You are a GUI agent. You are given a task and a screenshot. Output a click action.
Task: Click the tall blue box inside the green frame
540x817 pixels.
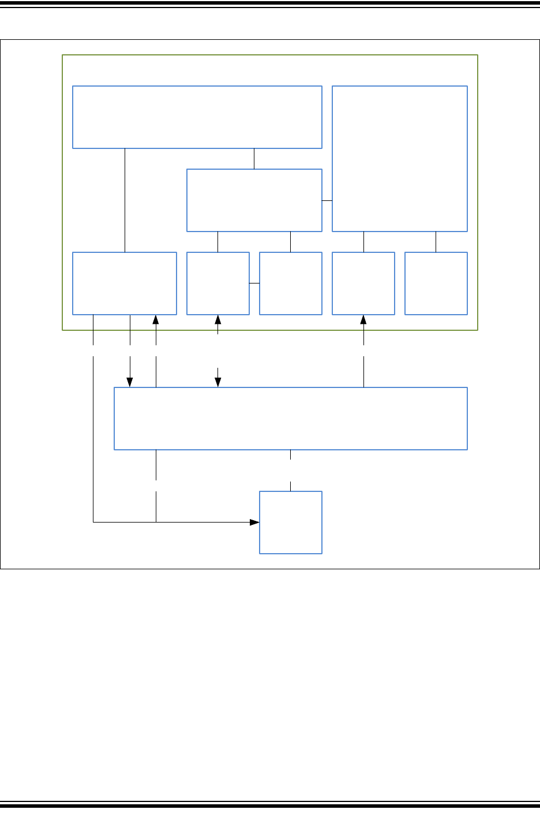point(399,159)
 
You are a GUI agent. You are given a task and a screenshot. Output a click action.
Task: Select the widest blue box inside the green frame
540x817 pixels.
point(197,117)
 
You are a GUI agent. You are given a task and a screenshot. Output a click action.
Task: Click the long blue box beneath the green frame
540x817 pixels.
point(290,418)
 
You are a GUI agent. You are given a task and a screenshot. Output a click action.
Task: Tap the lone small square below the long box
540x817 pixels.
point(290,522)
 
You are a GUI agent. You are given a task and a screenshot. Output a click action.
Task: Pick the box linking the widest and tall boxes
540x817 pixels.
point(254,200)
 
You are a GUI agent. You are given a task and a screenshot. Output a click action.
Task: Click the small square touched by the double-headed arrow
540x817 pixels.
point(217,283)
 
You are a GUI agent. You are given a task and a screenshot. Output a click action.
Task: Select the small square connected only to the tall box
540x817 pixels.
point(436,283)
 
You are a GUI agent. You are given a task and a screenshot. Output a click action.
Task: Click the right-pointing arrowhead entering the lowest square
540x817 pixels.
point(254,522)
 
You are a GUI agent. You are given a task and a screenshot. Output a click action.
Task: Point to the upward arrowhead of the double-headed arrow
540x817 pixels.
point(218,319)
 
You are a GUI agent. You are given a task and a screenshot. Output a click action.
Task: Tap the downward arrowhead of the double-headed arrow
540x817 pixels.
point(218,382)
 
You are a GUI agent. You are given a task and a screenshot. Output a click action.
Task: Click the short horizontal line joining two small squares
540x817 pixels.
point(254,283)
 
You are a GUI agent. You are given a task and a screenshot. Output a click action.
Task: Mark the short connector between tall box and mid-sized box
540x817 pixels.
point(327,200)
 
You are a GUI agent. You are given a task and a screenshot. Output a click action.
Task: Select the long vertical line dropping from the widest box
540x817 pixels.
point(125,200)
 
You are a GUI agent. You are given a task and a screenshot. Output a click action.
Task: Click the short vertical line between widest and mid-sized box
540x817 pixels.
point(254,159)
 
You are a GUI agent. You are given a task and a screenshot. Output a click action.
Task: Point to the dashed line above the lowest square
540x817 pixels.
point(290,470)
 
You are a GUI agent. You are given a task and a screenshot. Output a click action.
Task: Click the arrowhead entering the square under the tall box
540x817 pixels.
point(363,319)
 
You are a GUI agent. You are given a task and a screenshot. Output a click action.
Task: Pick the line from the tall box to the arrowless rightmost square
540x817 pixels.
point(436,242)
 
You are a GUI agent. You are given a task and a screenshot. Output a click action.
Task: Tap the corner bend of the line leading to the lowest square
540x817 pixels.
point(93,522)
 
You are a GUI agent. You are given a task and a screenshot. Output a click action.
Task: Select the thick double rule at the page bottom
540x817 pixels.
point(270,804)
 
